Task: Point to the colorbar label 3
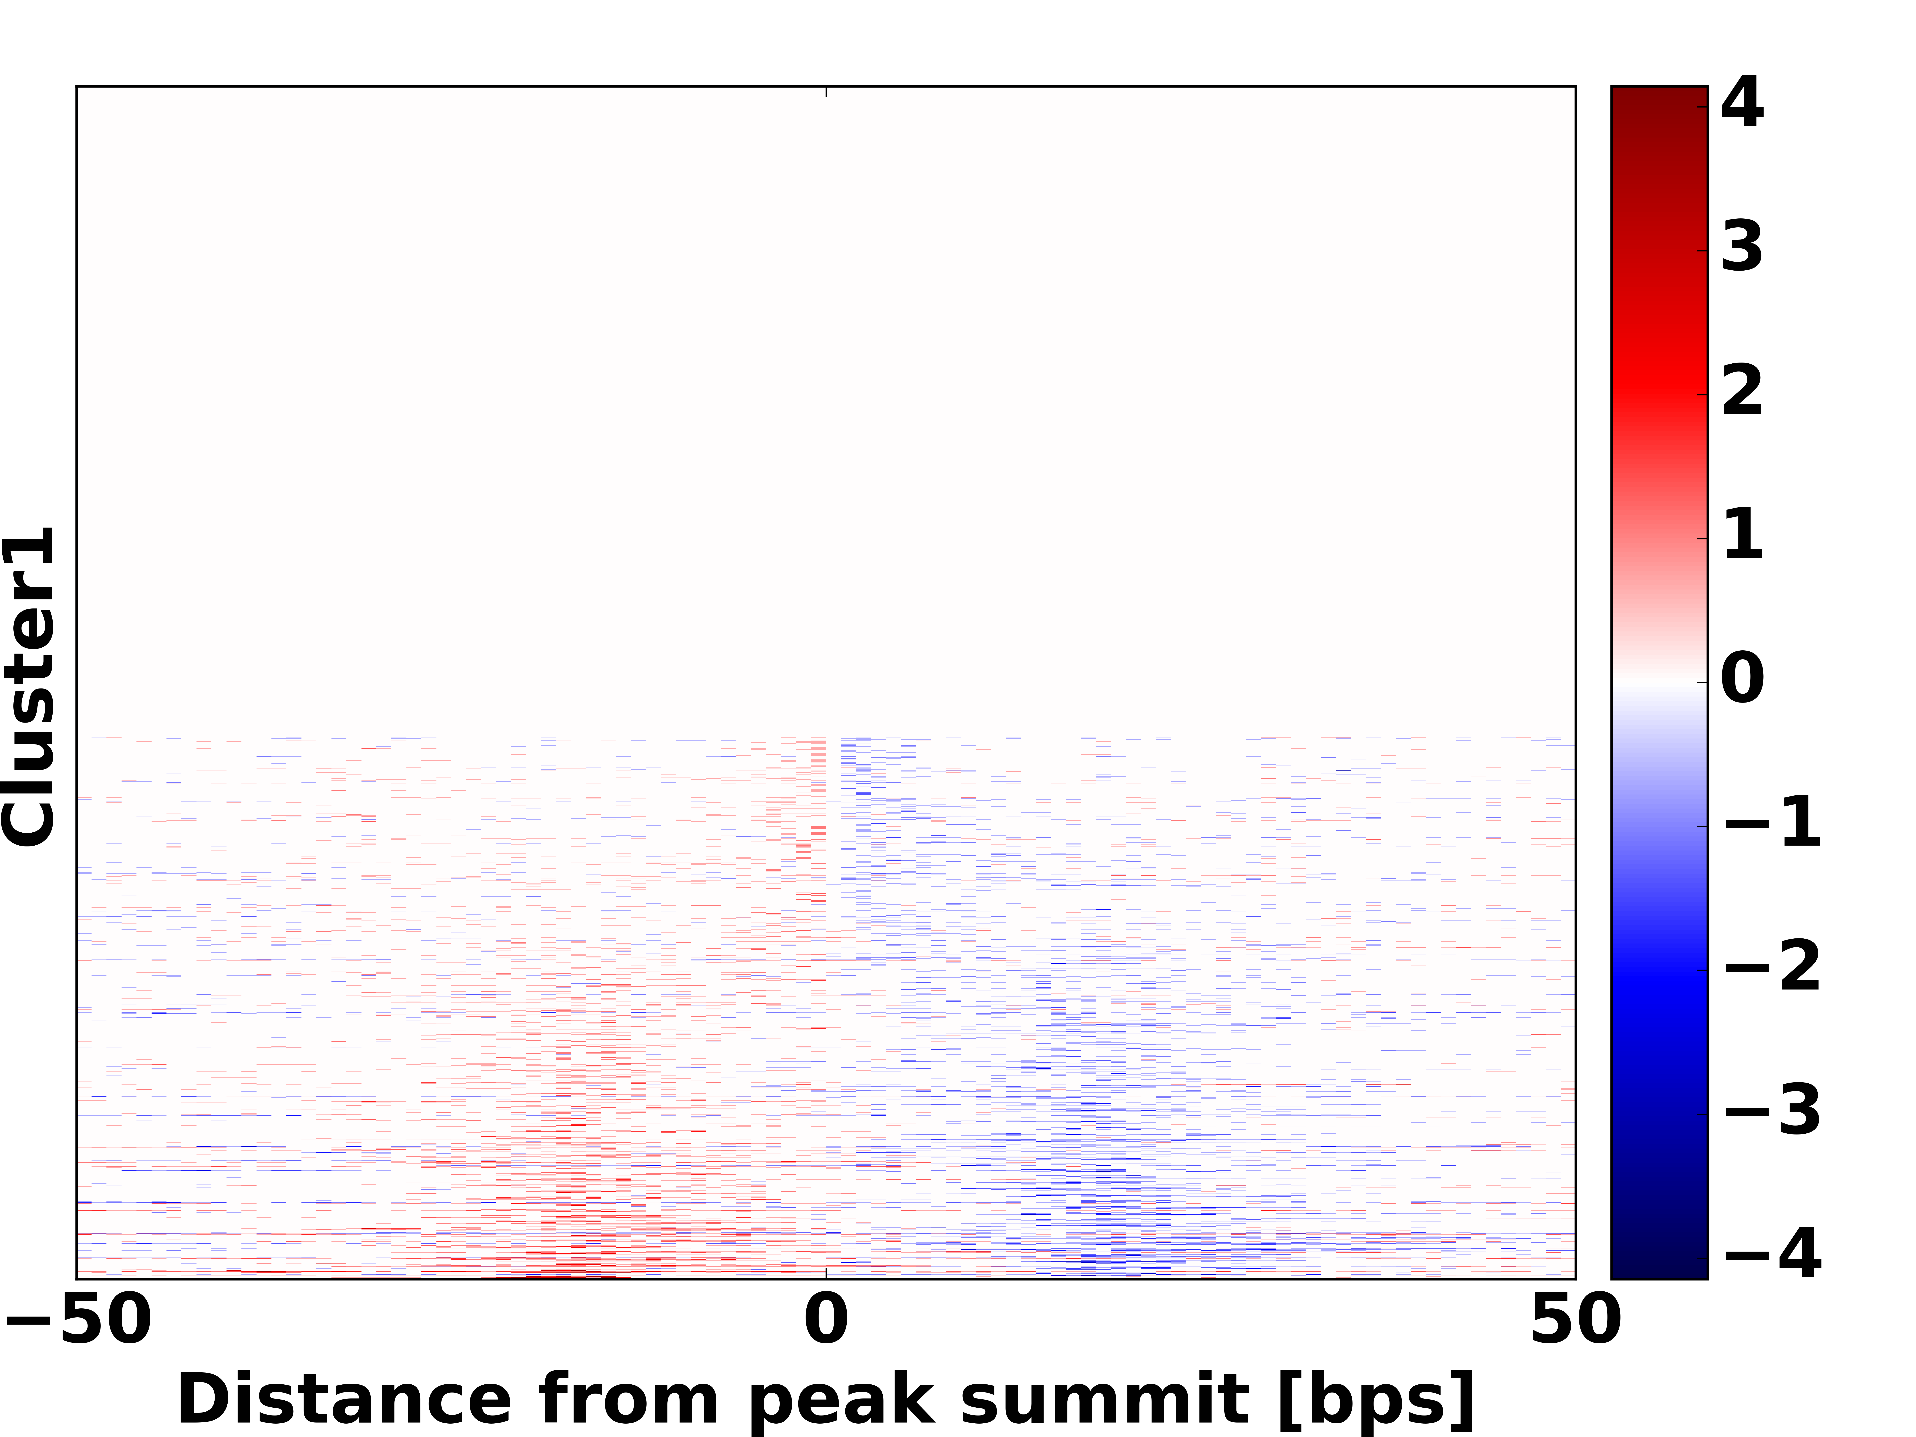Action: (1742, 248)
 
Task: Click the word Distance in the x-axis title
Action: (344, 1399)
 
